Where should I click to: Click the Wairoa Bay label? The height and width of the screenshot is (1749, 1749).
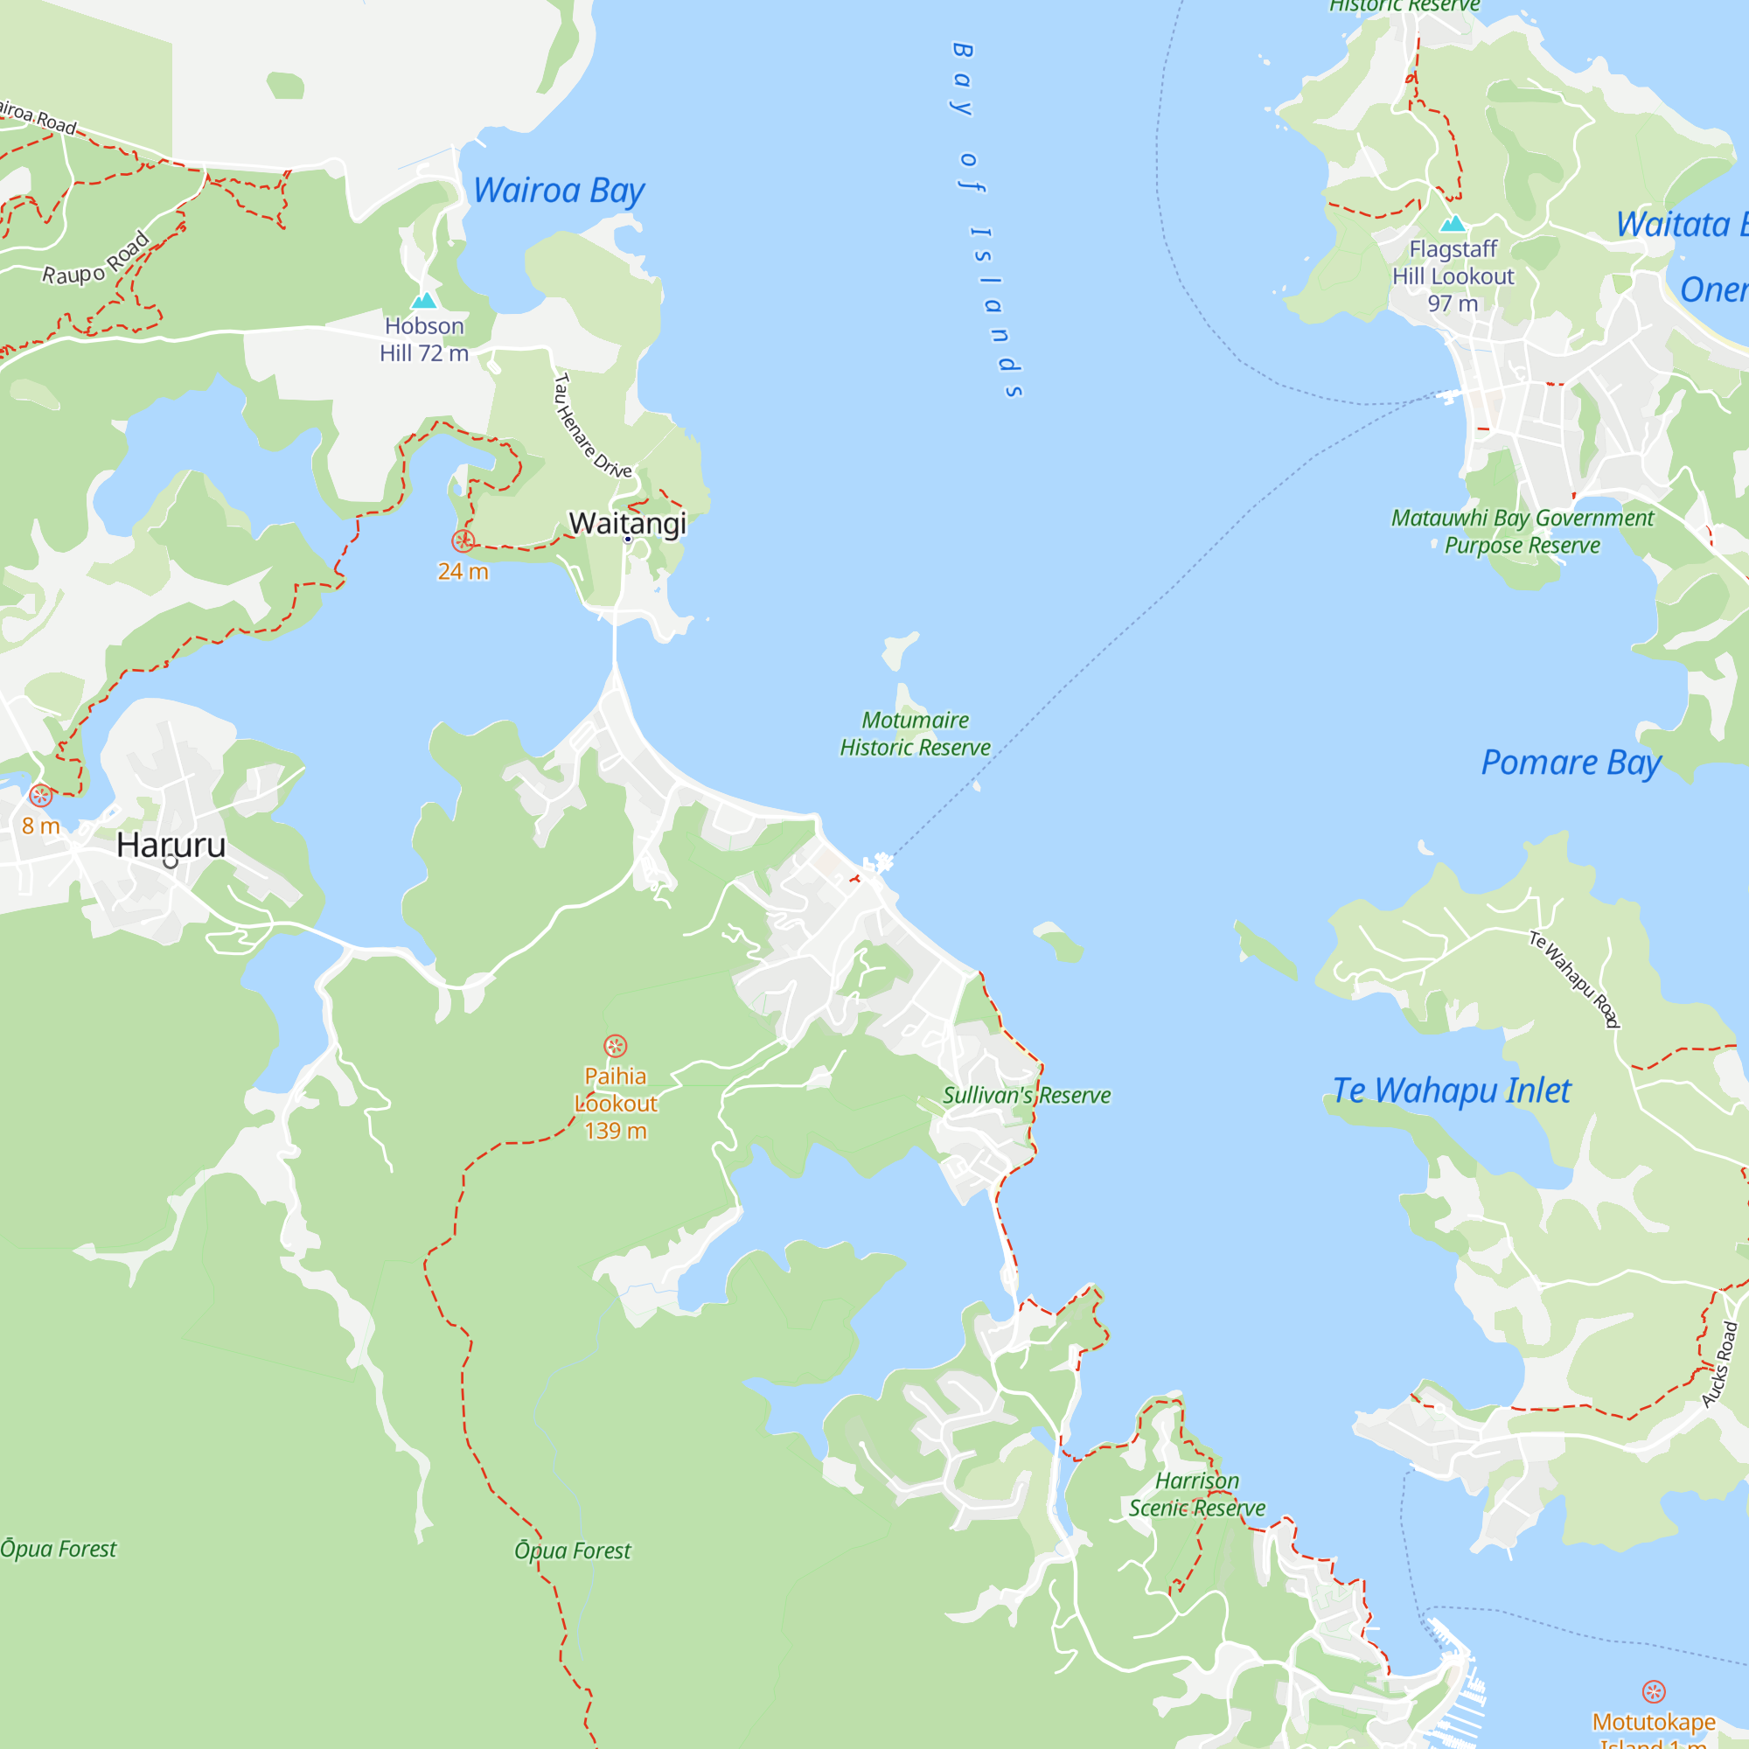pyautogui.click(x=559, y=191)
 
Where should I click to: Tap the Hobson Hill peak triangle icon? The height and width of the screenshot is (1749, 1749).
pyautogui.click(x=423, y=301)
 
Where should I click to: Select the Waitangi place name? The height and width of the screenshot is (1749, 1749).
pyautogui.click(x=627, y=523)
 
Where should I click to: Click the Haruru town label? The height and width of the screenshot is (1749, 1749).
pyautogui.click(x=171, y=845)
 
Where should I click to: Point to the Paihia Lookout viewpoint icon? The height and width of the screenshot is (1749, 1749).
pyautogui.click(x=616, y=1047)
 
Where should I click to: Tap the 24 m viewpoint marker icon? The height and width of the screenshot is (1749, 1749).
pyautogui.click(x=463, y=541)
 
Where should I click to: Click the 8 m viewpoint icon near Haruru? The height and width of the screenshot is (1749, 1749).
pyautogui.click(x=41, y=796)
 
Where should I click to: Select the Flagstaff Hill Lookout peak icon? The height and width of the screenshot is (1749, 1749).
pyautogui.click(x=1453, y=223)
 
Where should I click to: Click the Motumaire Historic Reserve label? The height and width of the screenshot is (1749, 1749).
pyautogui.click(x=915, y=734)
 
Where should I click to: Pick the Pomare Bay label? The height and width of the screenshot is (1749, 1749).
pyautogui.click(x=1571, y=763)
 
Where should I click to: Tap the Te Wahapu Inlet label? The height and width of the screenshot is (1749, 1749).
pyautogui.click(x=1451, y=1090)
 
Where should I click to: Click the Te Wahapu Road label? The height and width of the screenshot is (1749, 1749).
pyautogui.click(x=1574, y=979)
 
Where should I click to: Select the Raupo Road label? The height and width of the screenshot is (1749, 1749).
pyautogui.click(x=96, y=260)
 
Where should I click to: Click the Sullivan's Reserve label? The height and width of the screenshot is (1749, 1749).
pyautogui.click(x=1027, y=1096)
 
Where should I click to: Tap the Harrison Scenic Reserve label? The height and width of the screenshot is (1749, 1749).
pyautogui.click(x=1197, y=1495)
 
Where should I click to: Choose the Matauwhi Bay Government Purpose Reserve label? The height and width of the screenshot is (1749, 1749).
pyautogui.click(x=1522, y=532)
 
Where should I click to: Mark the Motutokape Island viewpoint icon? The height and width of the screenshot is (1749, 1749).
pyautogui.click(x=1654, y=1691)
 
